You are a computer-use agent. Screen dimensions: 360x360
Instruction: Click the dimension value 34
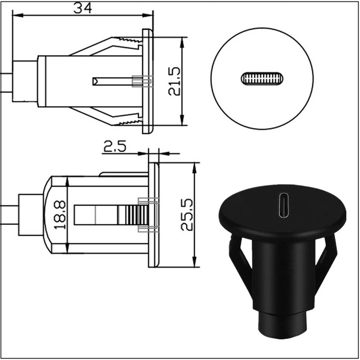coord(83,8)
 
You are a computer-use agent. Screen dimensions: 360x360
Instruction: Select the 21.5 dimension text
coord(174,81)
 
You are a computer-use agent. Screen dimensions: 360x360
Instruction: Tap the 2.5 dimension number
coord(115,146)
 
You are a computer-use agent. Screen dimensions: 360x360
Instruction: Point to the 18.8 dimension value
coord(60,215)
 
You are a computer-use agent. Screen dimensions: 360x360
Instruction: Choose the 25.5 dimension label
coord(187,215)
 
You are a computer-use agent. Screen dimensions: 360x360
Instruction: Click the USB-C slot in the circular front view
coord(262,79)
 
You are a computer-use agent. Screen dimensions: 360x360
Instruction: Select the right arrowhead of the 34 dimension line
coord(148,15)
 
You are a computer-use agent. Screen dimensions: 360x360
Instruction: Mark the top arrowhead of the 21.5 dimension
coord(182,42)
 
